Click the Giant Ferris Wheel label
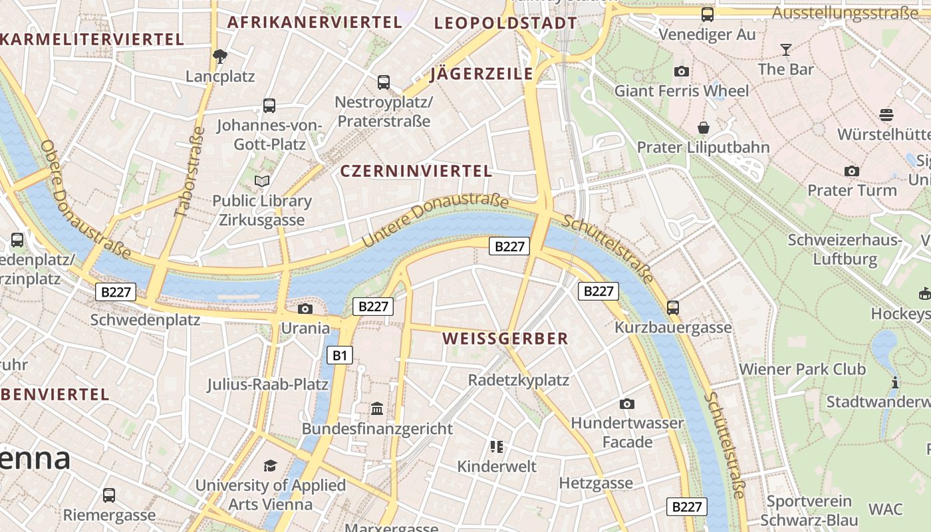[x=681, y=90]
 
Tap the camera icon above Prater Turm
[x=851, y=171]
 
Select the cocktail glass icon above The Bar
[x=785, y=50]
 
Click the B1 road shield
[x=339, y=355]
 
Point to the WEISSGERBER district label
[x=505, y=338]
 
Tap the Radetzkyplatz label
[x=519, y=380]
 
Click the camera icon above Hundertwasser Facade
[x=626, y=404]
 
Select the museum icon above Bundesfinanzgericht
[x=377, y=408]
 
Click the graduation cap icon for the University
[x=270, y=465]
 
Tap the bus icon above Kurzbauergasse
[x=673, y=307]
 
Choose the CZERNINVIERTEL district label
[x=416, y=171]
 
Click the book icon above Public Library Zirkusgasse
[x=262, y=181]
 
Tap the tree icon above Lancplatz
[x=220, y=57]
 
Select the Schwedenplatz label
[x=145, y=320]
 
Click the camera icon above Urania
[x=305, y=309]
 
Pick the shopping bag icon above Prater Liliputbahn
[x=703, y=127]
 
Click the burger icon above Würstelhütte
[x=886, y=114]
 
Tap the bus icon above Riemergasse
[x=109, y=495]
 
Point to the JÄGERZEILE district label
[x=482, y=74]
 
